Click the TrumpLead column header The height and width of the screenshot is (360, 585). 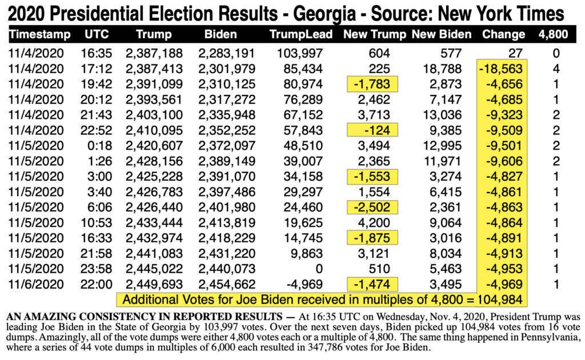(x=300, y=34)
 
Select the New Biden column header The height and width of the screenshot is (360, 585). (x=442, y=34)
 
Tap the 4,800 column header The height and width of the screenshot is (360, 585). (x=553, y=34)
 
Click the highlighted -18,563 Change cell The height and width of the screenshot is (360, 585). (x=502, y=69)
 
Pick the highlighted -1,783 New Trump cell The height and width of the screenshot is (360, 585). (x=372, y=85)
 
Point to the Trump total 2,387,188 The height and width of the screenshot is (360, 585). (x=154, y=53)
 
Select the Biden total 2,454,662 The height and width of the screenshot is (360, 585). (x=227, y=284)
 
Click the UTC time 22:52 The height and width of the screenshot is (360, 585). (x=96, y=130)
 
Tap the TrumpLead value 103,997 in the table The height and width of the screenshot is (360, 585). (x=299, y=53)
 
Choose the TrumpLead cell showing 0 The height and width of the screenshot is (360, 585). (x=319, y=269)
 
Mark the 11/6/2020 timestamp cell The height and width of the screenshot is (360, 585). (x=36, y=284)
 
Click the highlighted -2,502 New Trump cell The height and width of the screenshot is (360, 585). (x=372, y=207)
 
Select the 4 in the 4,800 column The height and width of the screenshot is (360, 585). (x=556, y=69)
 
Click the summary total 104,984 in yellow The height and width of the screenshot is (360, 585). (x=499, y=299)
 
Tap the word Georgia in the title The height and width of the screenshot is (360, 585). (x=324, y=14)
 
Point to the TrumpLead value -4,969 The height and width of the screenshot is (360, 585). (x=304, y=284)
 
